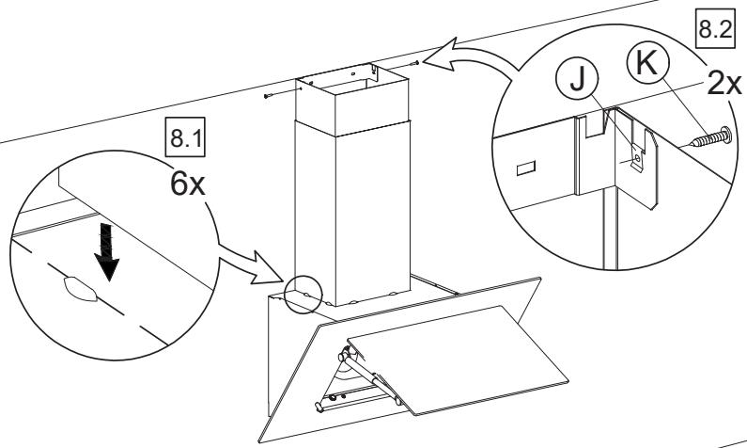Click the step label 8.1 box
pyautogui.click(x=185, y=136)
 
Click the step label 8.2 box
pyautogui.click(x=714, y=29)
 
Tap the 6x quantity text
pyautogui.click(x=188, y=184)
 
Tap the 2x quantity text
pyautogui.click(x=724, y=83)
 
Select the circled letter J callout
pyautogui.click(x=578, y=80)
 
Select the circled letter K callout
pyautogui.click(x=648, y=63)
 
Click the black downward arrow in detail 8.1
pyautogui.click(x=107, y=252)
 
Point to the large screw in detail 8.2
pyautogui.click(x=710, y=137)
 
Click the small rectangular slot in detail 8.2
pyautogui.click(x=526, y=168)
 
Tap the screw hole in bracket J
pyautogui.click(x=637, y=157)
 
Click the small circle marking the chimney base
pyautogui.click(x=303, y=295)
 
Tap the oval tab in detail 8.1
pyautogui.click(x=80, y=289)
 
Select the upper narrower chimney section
pyautogui.click(x=352, y=100)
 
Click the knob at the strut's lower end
pyautogui.click(x=319, y=407)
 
